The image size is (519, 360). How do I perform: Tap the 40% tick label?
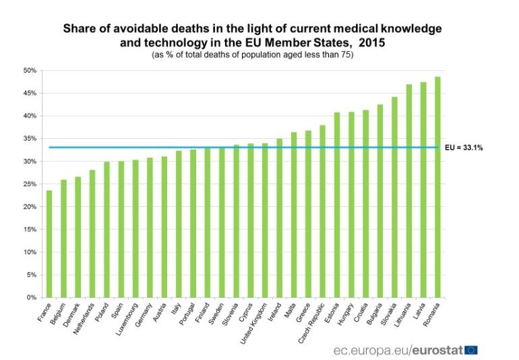[x=30, y=116]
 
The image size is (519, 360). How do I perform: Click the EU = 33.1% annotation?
[x=464, y=147]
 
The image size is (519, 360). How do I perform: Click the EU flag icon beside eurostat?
[x=471, y=349]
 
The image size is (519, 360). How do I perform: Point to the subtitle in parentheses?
[x=253, y=55]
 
